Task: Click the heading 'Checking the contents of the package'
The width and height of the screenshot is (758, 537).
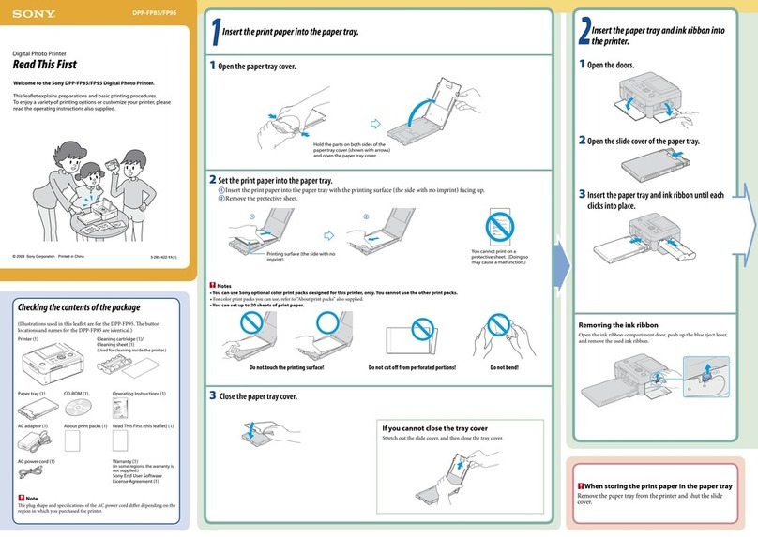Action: tap(79, 307)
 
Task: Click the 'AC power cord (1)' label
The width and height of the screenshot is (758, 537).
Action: tap(37, 461)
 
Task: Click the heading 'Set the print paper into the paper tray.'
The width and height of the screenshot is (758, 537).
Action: tap(272, 179)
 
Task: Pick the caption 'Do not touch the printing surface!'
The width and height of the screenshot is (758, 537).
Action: tap(286, 368)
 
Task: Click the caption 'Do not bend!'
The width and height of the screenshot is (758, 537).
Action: tap(504, 368)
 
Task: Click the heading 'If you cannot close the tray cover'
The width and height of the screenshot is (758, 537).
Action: tap(434, 427)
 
